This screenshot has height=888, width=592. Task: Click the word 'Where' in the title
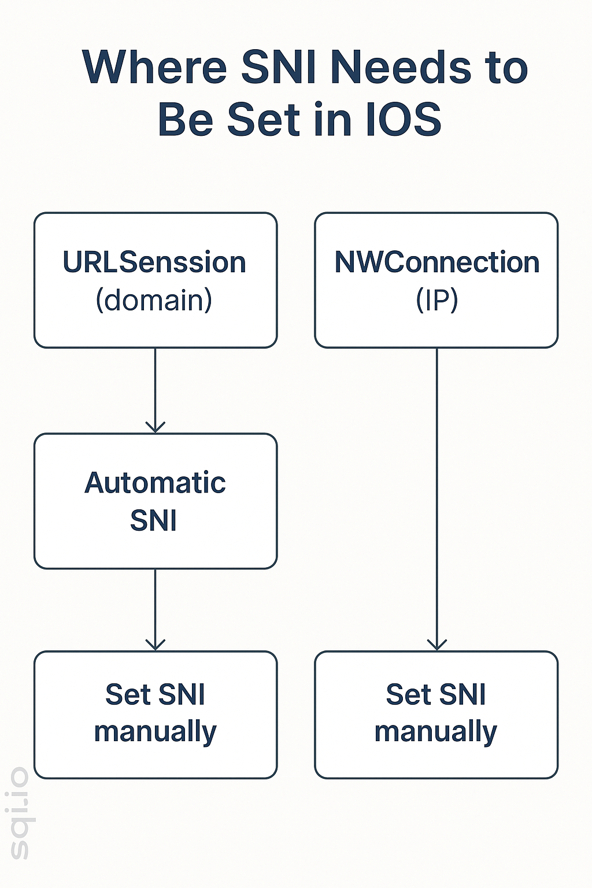[154, 68]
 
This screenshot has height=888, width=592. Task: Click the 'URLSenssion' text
[154, 262]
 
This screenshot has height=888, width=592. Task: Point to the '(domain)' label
[154, 300]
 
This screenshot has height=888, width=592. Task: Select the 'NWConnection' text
[436, 262]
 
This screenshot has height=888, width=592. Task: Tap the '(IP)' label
[436, 300]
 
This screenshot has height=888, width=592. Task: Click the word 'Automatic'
[155, 483]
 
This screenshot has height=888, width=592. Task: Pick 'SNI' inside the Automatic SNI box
[153, 520]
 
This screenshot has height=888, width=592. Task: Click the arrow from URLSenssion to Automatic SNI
[156, 387]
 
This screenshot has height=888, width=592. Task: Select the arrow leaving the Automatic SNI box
[156, 607]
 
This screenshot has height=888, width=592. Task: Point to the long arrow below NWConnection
[436, 497]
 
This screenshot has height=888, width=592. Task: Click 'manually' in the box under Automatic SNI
[155, 732]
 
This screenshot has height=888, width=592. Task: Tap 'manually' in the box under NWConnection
[435, 732]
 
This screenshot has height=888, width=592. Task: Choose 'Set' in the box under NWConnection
[408, 694]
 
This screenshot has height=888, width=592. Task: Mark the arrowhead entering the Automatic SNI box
[156, 427]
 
